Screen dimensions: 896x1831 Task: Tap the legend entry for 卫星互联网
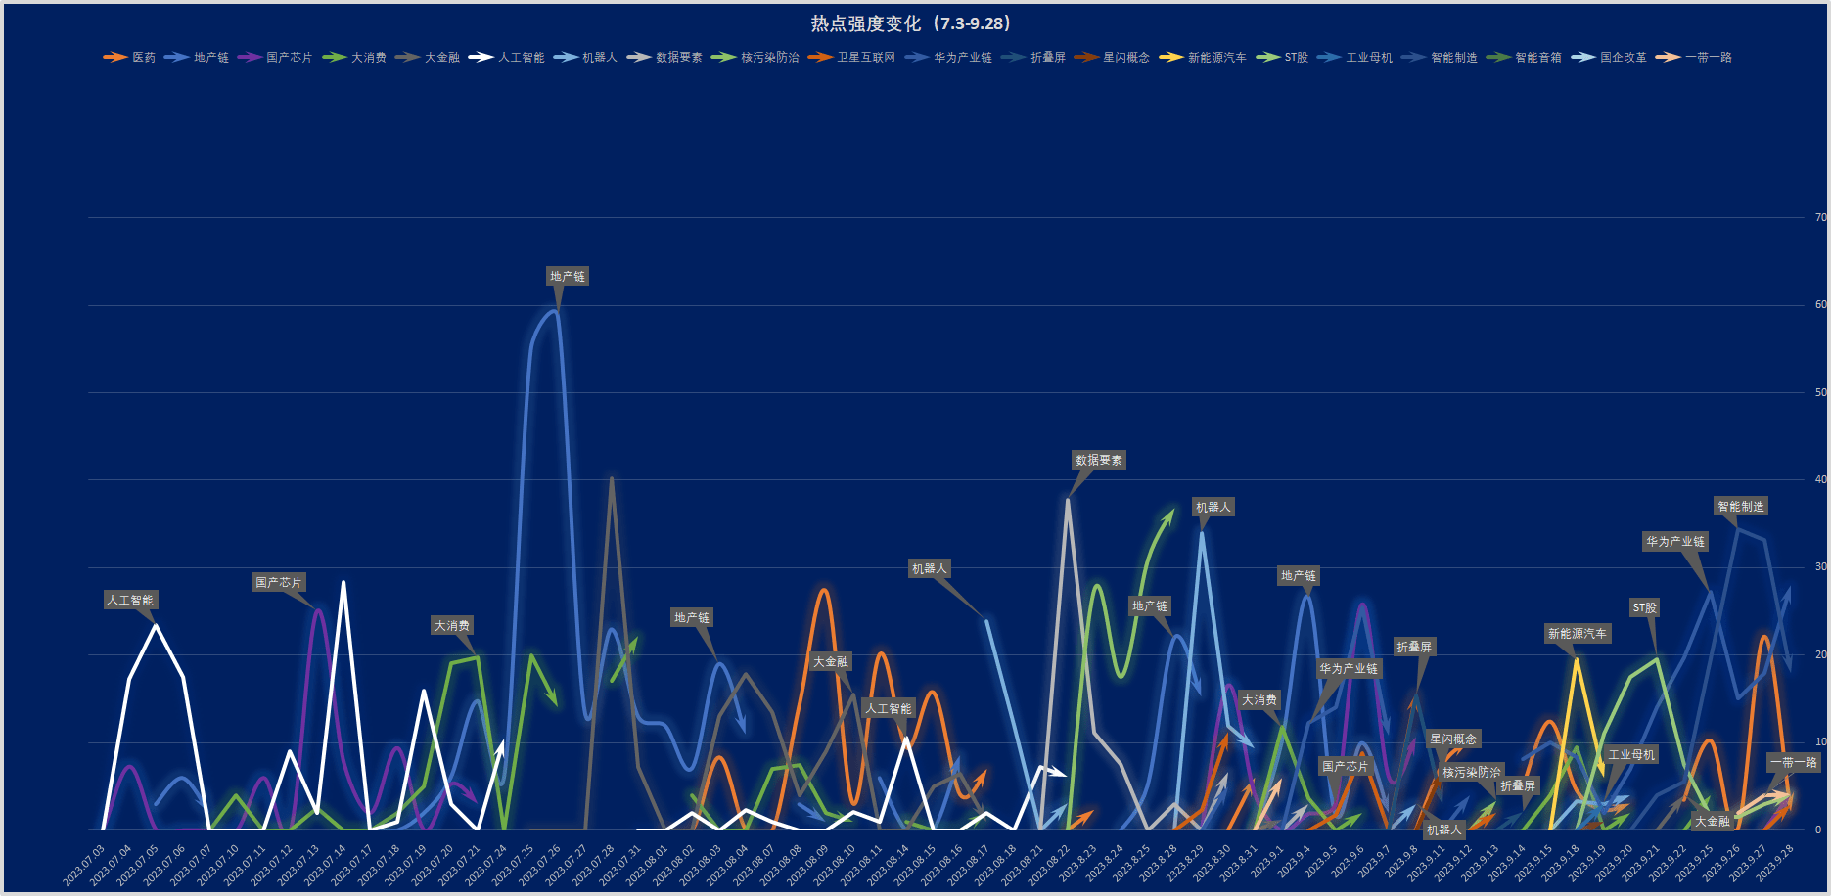pyautogui.click(x=865, y=58)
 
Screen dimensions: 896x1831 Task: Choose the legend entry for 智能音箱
pyautogui.click(x=1537, y=58)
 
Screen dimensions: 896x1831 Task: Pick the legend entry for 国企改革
pyautogui.click(x=1623, y=58)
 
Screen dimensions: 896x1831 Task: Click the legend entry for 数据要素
pyautogui.click(x=678, y=58)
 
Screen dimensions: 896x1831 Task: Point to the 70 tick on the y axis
pyautogui.click(x=1820, y=218)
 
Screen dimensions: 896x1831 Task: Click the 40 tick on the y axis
pyautogui.click(x=1820, y=480)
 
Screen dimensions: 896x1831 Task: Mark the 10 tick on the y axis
pyautogui.click(x=1820, y=742)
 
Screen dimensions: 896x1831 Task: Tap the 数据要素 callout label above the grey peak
pyautogui.click(x=1099, y=460)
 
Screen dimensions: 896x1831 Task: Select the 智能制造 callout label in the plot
pyautogui.click(x=1741, y=507)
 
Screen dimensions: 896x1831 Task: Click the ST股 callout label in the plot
pyautogui.click(x=1644, y=608)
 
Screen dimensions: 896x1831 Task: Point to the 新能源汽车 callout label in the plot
pyautogui.click(x=1577, y=634)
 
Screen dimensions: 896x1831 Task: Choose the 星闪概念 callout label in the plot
pyautogui.click(x=1452, y=739)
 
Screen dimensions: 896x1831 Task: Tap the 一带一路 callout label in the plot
pyautogui.click(x=1793, y=763)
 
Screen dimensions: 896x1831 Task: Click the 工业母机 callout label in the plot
pyautogui.click(x=1631, y=755)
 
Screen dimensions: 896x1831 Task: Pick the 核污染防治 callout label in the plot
pyautogui.click(x=1471, y=773)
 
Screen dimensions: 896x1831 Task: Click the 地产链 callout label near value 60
pyautogui.click(x=568, y=277)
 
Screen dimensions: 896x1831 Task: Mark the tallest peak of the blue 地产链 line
pyautogui.click(x=556, y=311)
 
